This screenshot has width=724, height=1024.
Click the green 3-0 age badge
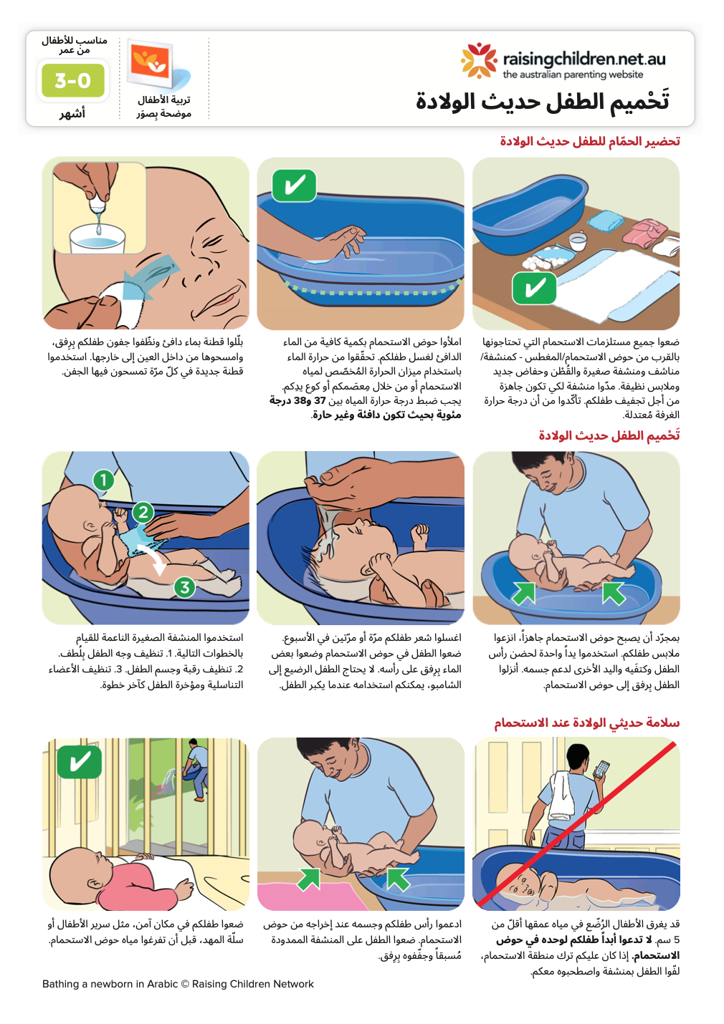[x=72, y=80]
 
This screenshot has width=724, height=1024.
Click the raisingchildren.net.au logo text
[x=584, y=59]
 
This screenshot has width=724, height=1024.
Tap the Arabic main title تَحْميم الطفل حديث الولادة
[x=543, y=102]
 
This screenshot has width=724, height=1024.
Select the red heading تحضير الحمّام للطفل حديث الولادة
[x=589, y=141]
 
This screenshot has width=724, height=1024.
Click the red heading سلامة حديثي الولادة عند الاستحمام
[x=586, y=723]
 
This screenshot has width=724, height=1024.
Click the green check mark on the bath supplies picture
[x=534, y=289]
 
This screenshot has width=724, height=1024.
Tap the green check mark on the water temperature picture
[x=294, y=186]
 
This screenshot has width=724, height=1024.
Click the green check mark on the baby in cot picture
[x=79, y=761]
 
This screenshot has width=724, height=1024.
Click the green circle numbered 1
[x=103, y=479]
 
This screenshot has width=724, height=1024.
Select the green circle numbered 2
[x=143, y=511]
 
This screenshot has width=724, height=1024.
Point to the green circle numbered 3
[x=185, y=587]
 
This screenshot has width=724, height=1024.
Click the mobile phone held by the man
[x=601, y=768]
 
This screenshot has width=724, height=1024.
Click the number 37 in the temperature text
[x=320, y=400]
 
